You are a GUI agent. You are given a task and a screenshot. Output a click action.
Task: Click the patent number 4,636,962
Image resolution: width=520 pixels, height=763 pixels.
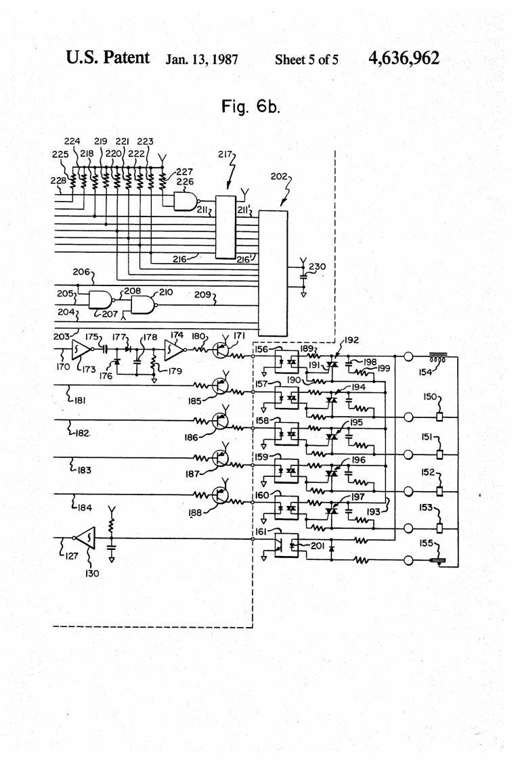tap(404, 58)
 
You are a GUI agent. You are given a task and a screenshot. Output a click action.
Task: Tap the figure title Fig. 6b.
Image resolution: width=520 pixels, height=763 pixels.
tap(251, 106)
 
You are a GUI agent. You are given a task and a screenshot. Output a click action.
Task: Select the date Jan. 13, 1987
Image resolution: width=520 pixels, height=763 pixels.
tap(202, 60)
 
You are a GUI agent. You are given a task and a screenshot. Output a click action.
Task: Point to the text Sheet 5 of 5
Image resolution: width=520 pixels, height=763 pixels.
tap(307, 60)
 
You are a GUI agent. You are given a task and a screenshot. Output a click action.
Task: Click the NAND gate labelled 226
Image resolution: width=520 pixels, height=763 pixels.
tap(184, 201)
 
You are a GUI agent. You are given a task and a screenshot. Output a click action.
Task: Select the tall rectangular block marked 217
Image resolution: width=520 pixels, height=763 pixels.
tap(225, 227)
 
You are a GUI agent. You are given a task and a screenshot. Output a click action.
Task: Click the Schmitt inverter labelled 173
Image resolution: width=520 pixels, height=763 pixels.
tap(79, 350)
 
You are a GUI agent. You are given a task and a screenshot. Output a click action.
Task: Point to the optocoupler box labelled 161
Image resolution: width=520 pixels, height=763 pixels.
tap(286, 544)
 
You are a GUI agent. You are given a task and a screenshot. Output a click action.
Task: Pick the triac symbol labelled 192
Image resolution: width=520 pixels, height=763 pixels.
tap(332, 364)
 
